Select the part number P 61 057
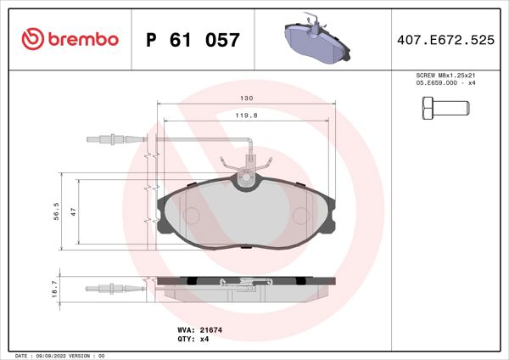pos(193,40)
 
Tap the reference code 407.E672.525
pos(445,39)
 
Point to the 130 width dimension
pos(245,98)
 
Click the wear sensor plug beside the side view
pos(103,286)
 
